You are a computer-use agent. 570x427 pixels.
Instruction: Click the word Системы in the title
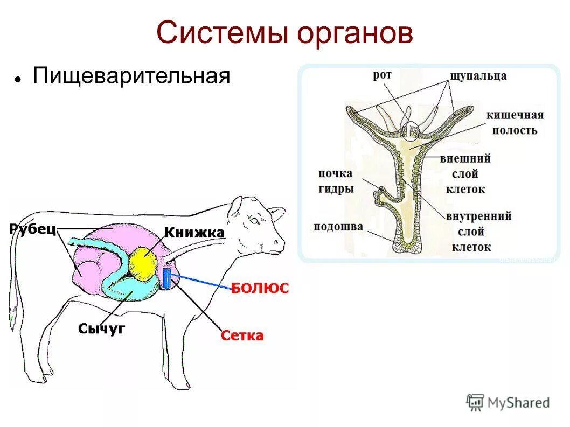click(x=221, y=33)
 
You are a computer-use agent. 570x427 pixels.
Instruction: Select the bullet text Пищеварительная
click(x=131, y=75)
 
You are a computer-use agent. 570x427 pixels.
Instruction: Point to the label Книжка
click(x=194, y=233)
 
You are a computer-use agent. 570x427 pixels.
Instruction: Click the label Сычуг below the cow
click(x=101, y=328)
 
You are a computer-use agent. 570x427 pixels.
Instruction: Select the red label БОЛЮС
click(x=260, y=288)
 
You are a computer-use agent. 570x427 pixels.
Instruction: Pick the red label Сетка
click(x=242, y=336)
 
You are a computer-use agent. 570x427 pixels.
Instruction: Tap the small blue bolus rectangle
click(x=166, y=278)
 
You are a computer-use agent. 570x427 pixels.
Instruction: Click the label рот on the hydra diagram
click(x=381, y=75)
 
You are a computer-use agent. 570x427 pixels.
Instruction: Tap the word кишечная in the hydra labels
click(x=515, y=115)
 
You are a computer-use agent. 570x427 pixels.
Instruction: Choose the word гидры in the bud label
click(x=336, y=189)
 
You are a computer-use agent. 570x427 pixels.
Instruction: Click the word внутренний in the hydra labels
click(x=478, y=216)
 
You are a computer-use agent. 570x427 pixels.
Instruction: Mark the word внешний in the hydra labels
click(x=465, y=159)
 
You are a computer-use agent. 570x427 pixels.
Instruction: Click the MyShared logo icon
click(x=476, y=402)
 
